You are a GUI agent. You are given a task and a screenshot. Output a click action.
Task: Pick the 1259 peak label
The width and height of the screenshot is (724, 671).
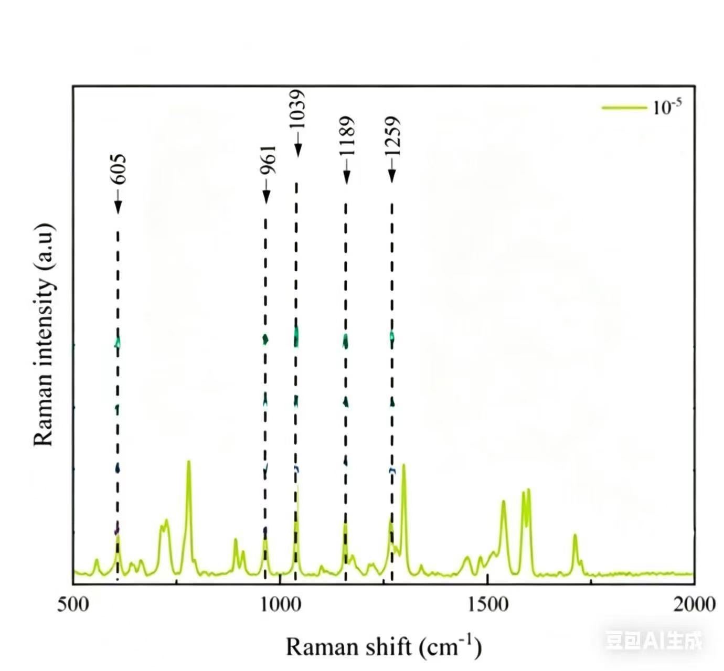392,135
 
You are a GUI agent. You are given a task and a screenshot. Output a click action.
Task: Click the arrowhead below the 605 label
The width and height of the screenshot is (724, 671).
118,207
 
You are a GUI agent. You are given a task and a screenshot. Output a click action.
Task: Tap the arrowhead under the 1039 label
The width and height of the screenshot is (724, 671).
297,151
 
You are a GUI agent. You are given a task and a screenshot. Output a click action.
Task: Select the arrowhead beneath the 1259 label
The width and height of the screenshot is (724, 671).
392,177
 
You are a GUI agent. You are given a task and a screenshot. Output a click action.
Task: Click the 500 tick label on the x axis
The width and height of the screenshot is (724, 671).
72,604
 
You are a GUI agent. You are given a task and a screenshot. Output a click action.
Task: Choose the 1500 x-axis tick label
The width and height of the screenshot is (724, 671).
488,604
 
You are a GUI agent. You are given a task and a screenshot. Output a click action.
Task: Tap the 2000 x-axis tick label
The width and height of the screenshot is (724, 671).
694,604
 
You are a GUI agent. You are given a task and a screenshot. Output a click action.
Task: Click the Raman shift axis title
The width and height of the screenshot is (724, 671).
383,646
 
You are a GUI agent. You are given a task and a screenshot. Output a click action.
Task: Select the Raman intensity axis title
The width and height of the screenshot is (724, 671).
44,334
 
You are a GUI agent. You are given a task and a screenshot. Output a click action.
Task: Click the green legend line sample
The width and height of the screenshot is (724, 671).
623,108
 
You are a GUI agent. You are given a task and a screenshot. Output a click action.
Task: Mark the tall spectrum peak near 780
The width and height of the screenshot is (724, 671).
188,462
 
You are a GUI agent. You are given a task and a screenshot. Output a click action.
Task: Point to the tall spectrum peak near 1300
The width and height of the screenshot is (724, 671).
403,465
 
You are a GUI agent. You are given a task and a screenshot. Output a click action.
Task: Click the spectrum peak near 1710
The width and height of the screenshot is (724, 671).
575,536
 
